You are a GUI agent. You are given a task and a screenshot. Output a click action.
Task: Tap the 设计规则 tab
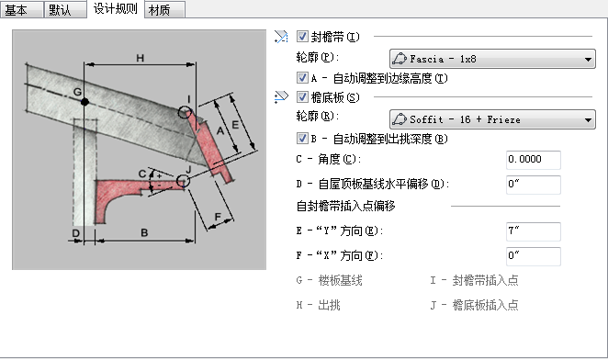[x=115, y=9]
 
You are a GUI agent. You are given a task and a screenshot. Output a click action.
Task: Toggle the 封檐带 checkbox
[x=302, y=37]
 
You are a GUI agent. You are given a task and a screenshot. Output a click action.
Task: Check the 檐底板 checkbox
[x=302, y=97]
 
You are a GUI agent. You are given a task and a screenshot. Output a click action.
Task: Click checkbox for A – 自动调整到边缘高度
[x=302, y=78]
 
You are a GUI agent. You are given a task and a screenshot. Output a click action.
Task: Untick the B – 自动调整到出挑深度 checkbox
[x=302, y=139]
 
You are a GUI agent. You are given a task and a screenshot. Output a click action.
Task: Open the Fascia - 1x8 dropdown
[x=492, y=59]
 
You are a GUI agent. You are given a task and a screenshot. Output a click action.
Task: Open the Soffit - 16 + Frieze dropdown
[x=492, y=119]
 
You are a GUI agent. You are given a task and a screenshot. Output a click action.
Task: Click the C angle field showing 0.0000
[x=534, y=160]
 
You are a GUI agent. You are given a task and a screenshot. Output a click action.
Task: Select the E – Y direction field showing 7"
[x=534, y=231]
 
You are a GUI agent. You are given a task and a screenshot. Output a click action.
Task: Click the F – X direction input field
[x=534, y=256]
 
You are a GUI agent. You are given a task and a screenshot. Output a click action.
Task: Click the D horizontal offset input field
[x=534, y=185]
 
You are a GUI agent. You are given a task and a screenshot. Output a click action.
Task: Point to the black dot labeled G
[x=84, y=102]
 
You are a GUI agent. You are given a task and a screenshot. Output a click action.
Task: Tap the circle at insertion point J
[x=177, y=181]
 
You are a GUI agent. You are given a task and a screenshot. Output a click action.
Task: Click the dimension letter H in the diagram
[x=140, y=58]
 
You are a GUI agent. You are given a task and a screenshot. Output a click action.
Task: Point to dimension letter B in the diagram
[x=144, y=232]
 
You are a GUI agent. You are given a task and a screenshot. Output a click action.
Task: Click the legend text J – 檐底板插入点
[x=474, y=305]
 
